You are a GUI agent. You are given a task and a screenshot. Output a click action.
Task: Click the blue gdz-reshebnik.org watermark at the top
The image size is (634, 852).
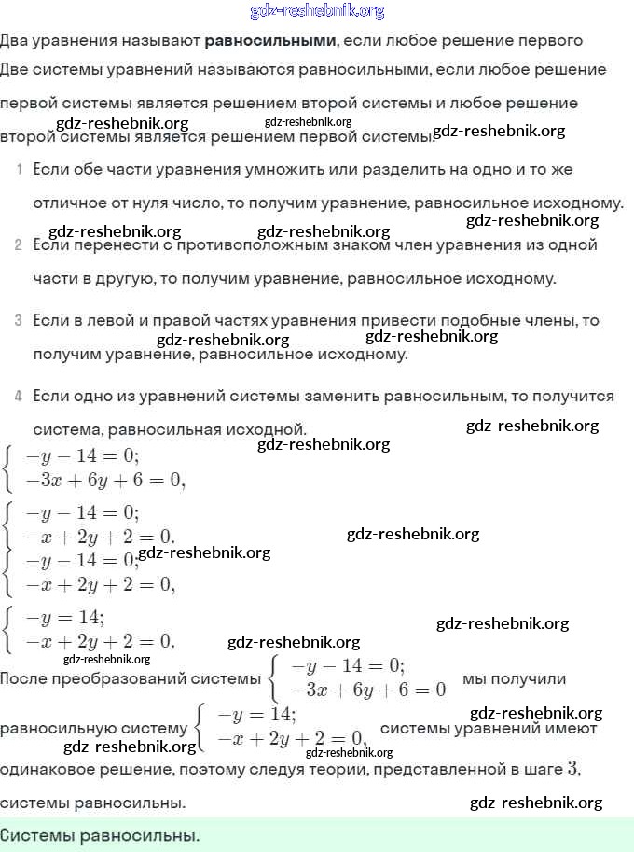point(317,11)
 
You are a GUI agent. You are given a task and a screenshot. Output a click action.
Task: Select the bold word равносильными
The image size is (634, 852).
point(270,41)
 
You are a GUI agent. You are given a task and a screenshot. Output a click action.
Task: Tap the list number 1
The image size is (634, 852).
point(19,170)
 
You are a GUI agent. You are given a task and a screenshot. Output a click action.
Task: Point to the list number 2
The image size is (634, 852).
point(19,245)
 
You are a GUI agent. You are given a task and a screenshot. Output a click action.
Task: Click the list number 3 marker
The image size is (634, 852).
point(19,321)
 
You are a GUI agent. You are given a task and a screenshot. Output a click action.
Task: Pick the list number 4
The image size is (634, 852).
point(19,397)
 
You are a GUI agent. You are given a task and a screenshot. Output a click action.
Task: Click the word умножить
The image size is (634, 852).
point(316,170)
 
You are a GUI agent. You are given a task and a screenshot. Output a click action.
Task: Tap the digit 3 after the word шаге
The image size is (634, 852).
point(573,769)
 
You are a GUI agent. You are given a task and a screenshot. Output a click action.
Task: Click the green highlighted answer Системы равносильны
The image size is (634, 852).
point(100,834)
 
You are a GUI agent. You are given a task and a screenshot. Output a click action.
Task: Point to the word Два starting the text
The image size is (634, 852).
point(15,41)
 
